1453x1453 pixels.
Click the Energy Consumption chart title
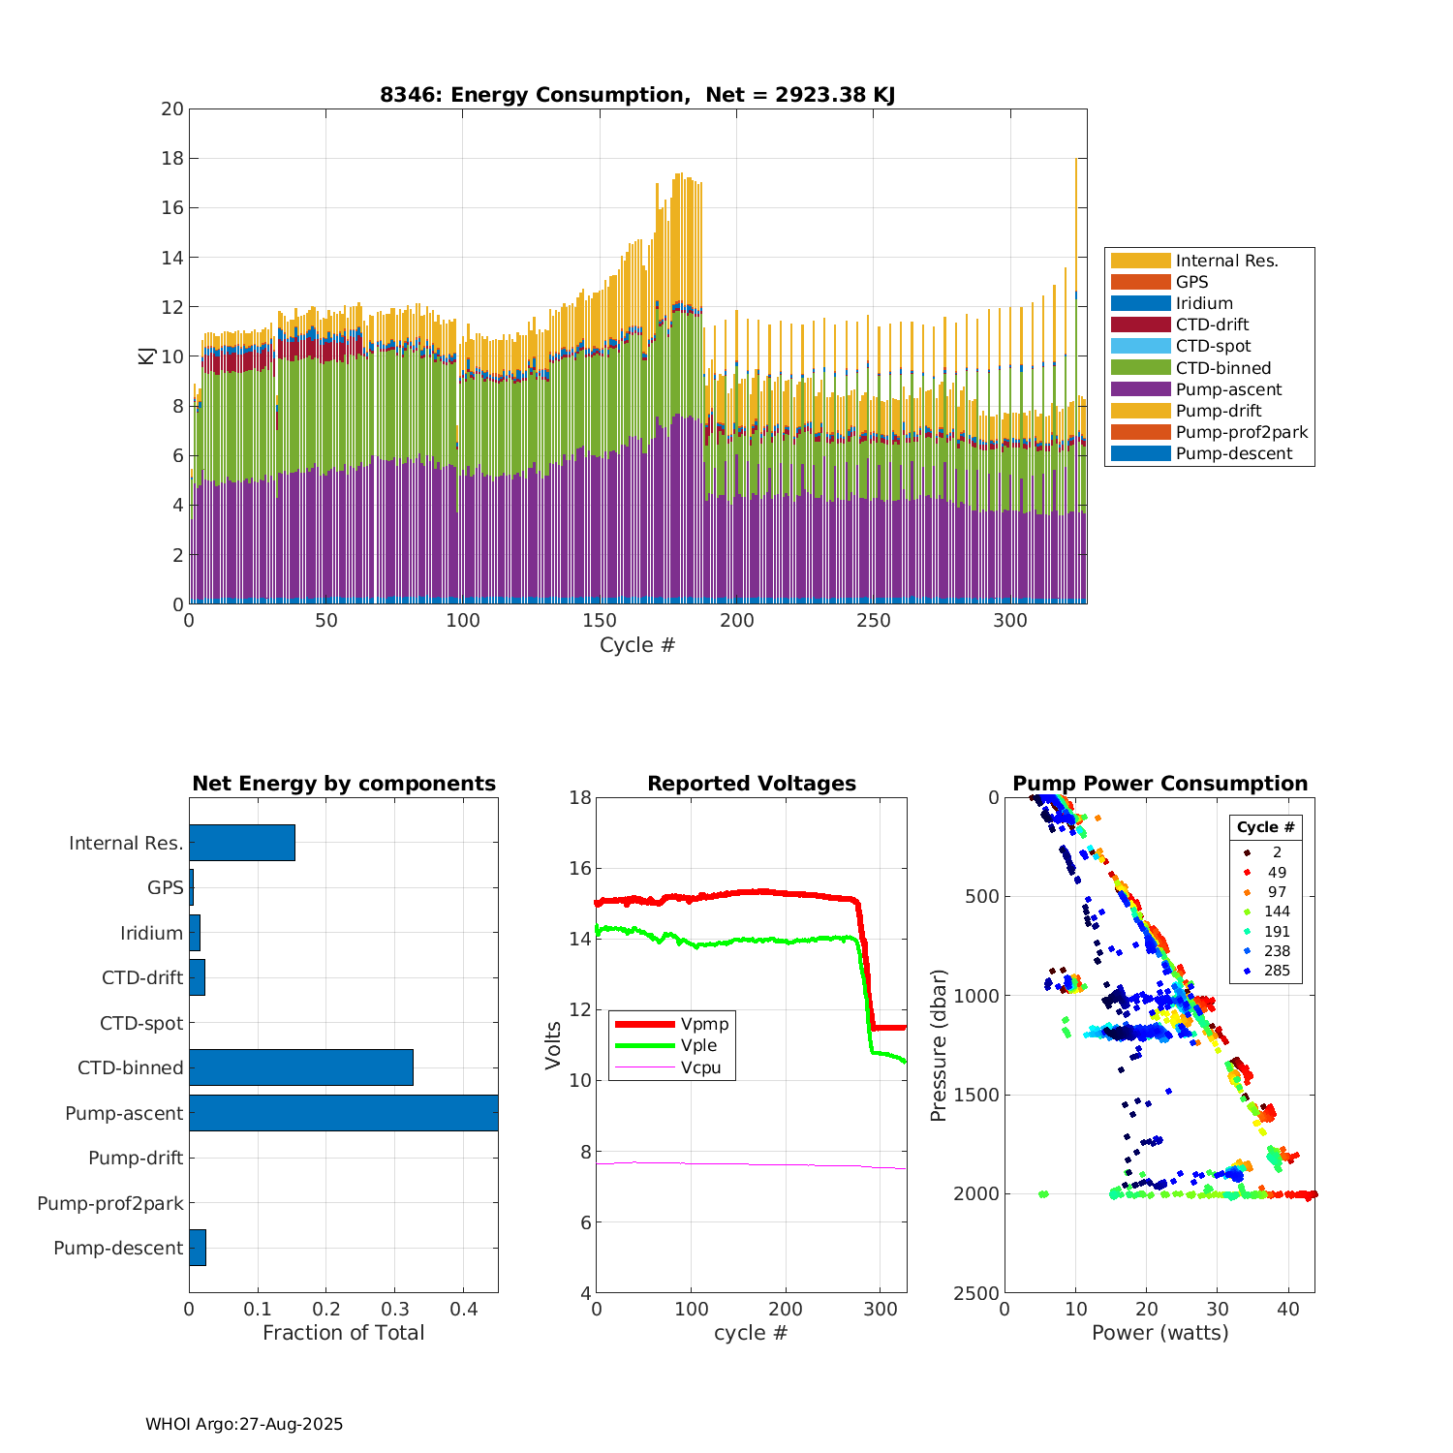point(637,95)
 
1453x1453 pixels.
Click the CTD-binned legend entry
point(1222,368)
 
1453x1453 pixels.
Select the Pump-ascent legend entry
point(1228,389)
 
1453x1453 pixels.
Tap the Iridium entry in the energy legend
point(1204,303)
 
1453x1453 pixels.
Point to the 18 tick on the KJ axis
point(172,159)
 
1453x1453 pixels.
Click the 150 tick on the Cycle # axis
point(600,621)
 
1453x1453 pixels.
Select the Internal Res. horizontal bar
point(241,843)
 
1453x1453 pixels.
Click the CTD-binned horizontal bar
point(300,1067)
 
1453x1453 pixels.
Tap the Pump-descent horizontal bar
point(198,1248)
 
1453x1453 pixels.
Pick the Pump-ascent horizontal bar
point(343,1113)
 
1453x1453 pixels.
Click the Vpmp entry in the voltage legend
point(704,1024)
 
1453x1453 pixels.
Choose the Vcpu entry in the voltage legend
point(700,1068)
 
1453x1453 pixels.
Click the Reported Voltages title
point(752,784)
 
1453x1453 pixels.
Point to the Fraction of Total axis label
point(343,1333)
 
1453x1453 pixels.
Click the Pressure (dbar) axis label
point(938,1045)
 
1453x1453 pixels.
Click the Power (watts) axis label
point(1159,1333)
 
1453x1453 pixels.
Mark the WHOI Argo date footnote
point(244,1424)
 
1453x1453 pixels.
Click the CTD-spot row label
point(141,1024)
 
